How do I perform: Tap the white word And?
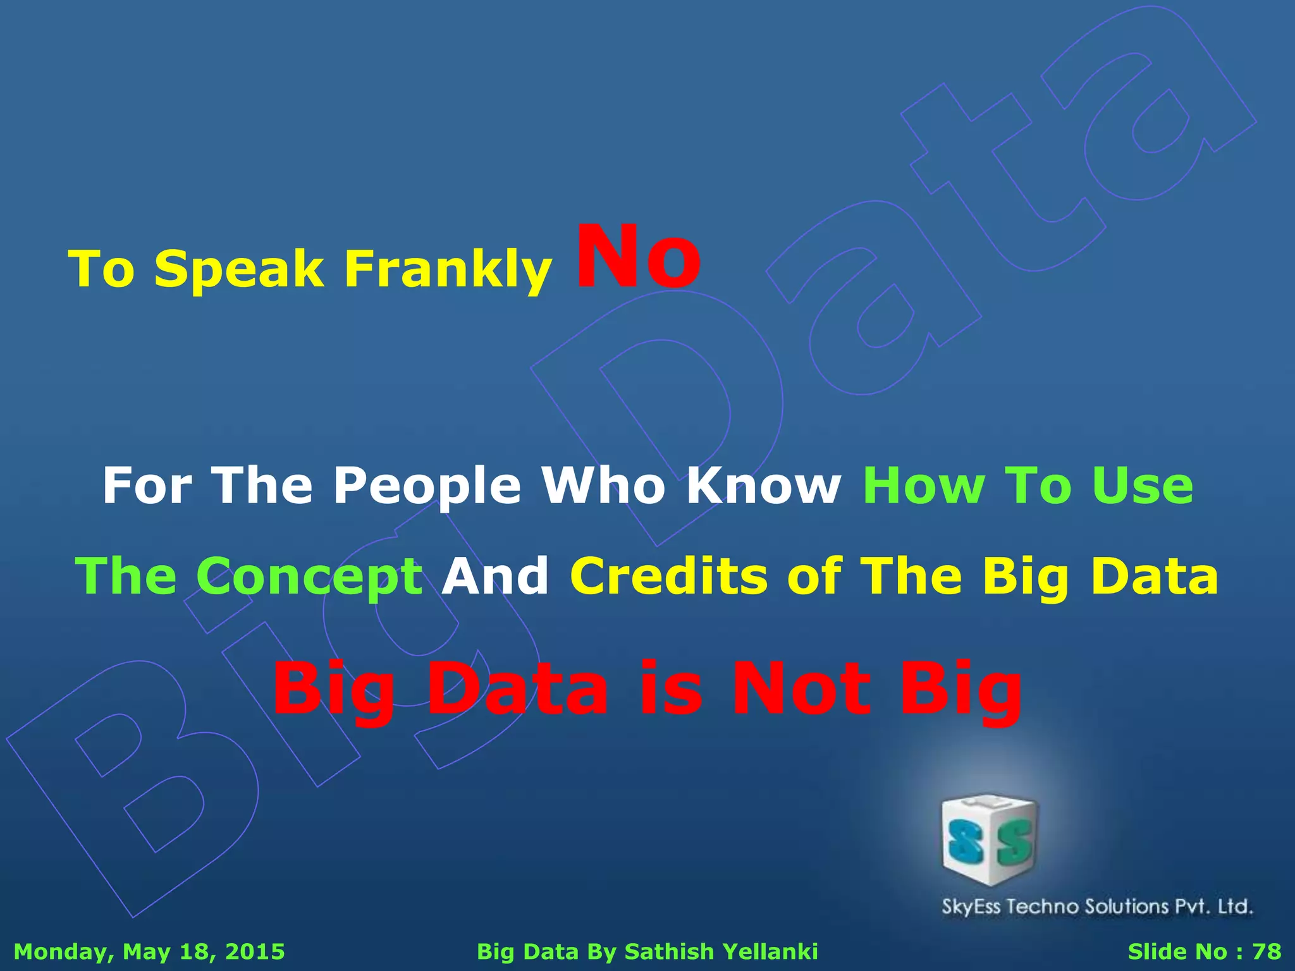495,577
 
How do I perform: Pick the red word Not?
801,689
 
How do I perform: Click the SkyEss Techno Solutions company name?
1097,907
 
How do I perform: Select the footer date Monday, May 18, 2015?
149,951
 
